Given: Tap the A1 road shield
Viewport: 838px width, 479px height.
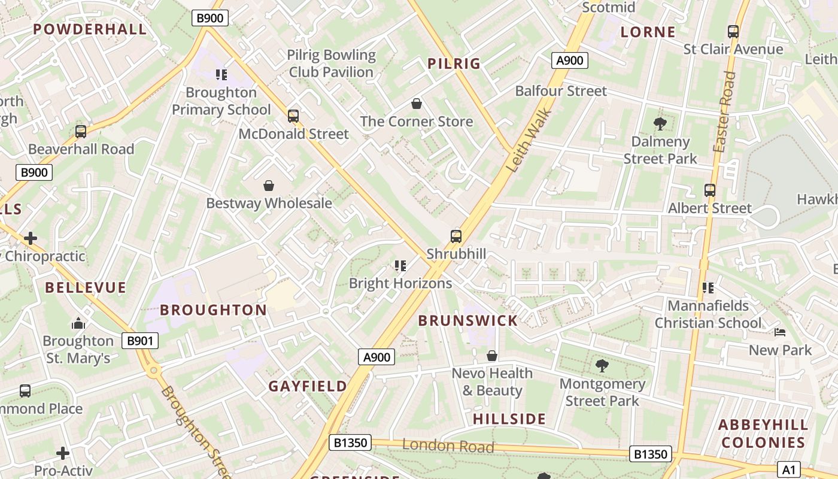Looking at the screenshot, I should coord(789,469).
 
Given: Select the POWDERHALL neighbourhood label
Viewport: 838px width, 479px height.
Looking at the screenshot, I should coord(90,29).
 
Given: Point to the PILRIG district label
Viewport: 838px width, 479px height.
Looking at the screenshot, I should coord(454,63).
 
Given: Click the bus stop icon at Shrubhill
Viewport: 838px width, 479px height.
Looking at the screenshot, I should coord(456,236).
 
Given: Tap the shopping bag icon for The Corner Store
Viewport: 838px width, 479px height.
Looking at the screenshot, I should coord(417,104).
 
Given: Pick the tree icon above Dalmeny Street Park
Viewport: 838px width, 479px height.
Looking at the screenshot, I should coord(660,124).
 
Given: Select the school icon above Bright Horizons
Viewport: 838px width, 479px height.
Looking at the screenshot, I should coord(400,265).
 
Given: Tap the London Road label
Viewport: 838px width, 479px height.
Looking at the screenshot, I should coord(448,445).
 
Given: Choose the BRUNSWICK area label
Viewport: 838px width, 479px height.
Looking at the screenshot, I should coord(468,320).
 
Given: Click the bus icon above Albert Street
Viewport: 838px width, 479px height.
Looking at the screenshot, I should coord(710,190).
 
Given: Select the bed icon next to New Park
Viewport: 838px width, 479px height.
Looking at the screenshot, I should coord(779,332).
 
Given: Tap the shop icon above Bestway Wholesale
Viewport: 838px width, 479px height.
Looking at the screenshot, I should coord(269,186).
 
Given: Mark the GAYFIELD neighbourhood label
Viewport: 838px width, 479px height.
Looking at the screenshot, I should coord(308,386).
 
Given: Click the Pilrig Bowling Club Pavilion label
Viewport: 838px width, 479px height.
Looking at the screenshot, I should coord(331,63).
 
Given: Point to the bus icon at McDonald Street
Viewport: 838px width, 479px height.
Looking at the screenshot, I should coord(293,116).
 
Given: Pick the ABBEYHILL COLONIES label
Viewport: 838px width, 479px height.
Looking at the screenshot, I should coord(763,433).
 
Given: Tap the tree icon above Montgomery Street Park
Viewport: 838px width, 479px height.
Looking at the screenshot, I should coord(602,365).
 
